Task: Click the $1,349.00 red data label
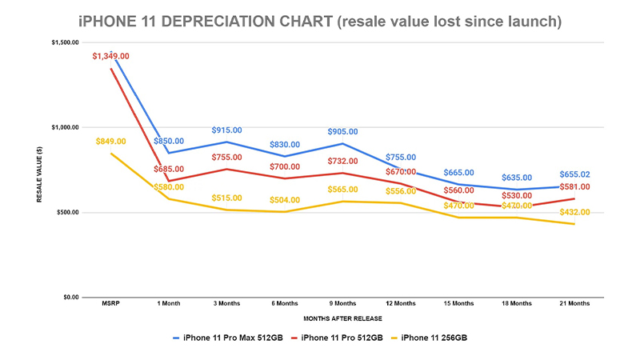[110, 56]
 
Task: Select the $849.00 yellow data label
[111, 142]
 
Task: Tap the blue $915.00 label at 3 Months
[226, 130]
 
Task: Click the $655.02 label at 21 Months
[574, 174]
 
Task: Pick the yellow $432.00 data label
[574, 212]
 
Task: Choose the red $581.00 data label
[574, 186]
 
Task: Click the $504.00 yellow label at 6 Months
[284, 200]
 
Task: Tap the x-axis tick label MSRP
[110, 304]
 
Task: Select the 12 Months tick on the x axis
[400, 304]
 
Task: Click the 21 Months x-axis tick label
[574, 304]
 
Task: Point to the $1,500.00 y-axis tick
[64, 42]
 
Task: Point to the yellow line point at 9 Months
[342, 202]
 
